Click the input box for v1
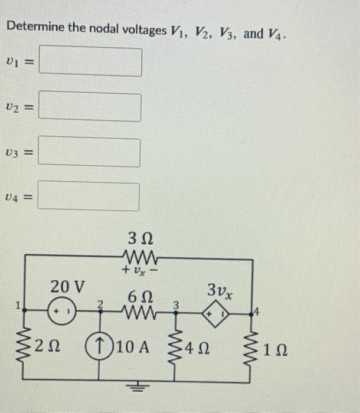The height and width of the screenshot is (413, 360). pyautogui.click(x=94, y=62)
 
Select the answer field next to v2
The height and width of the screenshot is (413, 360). pyautogui.click(x=93, y=107)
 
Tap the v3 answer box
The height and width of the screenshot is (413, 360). pyautogui.click(x=93, y=152)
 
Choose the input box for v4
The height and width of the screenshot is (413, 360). pyautogui.click(x=92, y=196)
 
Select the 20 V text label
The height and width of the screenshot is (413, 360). pyautogui.click(x=67, y=287)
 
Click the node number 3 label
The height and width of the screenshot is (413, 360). pyautogui.click(x=175, y=304)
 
